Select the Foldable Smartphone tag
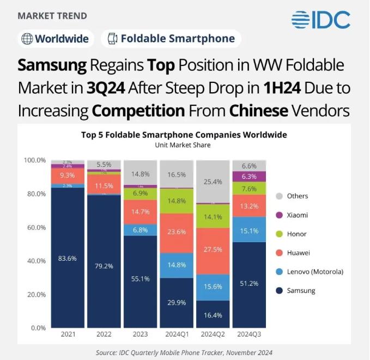point(171,39)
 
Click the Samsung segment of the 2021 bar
point(68,257)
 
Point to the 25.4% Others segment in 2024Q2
point(213,181)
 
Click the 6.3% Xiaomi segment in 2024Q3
point(249,176)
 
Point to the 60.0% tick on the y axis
point(34,227)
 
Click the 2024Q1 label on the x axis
point(177,334)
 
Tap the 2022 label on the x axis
point(104,334)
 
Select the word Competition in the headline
point(138,110)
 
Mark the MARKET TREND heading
point(52,16)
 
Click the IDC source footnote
point(184,352)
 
